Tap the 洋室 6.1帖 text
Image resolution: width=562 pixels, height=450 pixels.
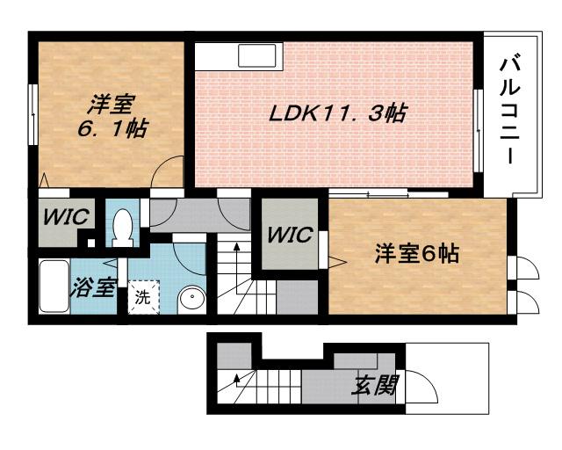110,117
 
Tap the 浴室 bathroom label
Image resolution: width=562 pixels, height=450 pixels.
93,287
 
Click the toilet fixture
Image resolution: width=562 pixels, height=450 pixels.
122,226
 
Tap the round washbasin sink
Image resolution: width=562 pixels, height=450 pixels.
190,300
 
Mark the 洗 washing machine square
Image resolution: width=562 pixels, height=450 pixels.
142,295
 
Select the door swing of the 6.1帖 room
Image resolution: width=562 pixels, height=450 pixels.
169,172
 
